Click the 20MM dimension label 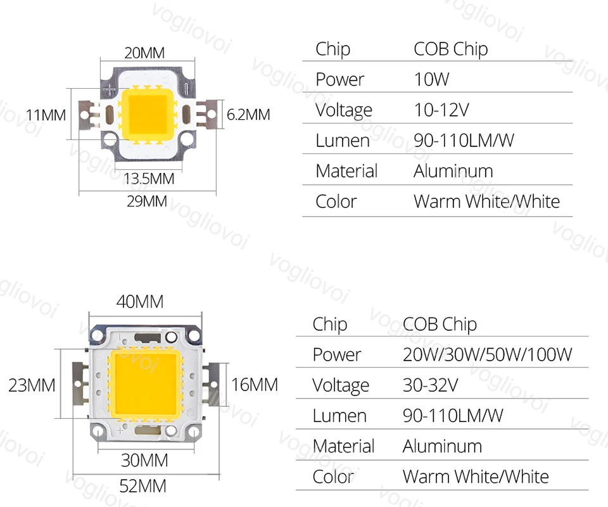[x=144, y=53]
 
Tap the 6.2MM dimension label [x=248, y=115]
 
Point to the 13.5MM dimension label [x=149, y=179]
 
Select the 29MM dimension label [x=146, y=202]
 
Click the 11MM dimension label [x=46, y=115]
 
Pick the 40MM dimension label [x=139, y=302]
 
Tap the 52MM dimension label [x=142, y=486]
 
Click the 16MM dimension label [x=254, y=385]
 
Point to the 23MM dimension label [x=32, y=385]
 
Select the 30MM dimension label [x=144, y=459]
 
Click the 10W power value [x=431, y=79]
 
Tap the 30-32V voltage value [x=430, y=385]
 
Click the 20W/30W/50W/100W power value [x=487, y=354]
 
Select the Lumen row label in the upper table [x=343, y=140]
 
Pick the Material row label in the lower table [x=344, y=446]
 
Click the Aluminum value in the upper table [x=453, y=170]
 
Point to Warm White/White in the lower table [x=476, y=476]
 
